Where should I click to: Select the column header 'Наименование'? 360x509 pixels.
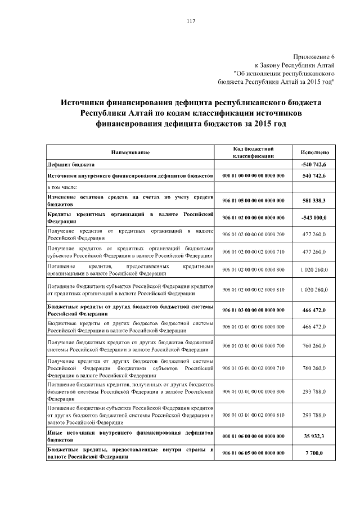(x=130, y=152)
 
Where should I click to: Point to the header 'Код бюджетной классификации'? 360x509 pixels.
(x=253, y=152)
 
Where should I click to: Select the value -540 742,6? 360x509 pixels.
(x=314, y=164)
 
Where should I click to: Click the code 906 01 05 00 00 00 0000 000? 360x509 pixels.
(x=253, y=200)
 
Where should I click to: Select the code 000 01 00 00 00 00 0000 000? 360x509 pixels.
(x=253, y=176)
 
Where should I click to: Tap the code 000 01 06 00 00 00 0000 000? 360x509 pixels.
(x=253, y=435)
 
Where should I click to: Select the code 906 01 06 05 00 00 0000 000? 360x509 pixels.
(x=253, y=453)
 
